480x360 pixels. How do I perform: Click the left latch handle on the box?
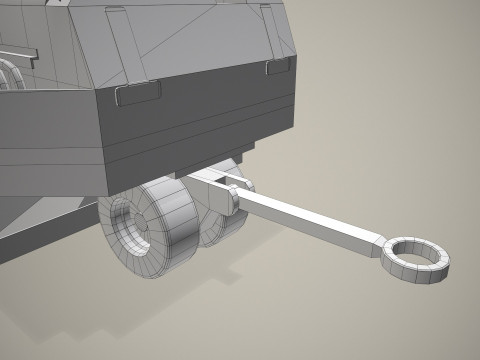138,93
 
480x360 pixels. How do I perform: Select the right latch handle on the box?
280,66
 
